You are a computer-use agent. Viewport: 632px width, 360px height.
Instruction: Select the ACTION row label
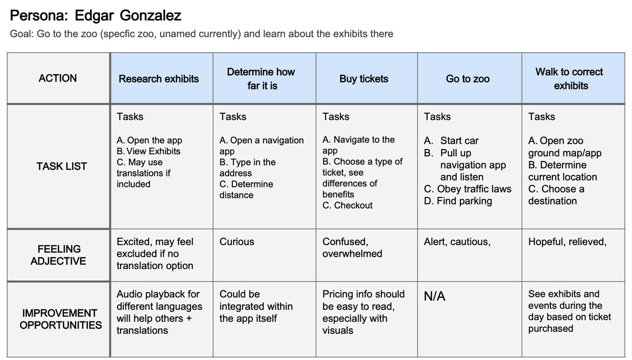[x=57, y=78]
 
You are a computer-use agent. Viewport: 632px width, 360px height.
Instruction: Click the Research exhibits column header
[x=159, y=79]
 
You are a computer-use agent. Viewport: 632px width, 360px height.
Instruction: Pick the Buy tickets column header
[x=363, y=79]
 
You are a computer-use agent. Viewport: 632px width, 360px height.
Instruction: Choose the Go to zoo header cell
[x=467, y=79]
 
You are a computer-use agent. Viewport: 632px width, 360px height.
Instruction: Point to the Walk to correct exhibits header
[x=570, y=78]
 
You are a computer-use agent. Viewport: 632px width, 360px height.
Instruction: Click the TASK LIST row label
[x=62, y=166]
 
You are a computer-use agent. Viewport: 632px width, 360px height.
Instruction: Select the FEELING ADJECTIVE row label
[x=58, y=255]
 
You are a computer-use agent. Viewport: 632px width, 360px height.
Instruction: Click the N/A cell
[x=434, y=297]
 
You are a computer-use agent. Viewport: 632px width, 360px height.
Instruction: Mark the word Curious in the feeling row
[x=236, y=242]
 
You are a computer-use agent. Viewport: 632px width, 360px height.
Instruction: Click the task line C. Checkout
[x=347, y=205]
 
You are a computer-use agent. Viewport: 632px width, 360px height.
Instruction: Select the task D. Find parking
[x=458, y=201]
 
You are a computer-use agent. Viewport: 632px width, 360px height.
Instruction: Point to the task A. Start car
[x=451, y=141]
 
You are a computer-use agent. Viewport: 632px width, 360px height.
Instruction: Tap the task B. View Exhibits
[x=148, y=151]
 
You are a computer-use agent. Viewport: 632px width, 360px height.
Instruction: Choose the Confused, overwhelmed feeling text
[x=352, y=248]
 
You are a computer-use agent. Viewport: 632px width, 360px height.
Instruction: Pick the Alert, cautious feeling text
[x=457, y=242]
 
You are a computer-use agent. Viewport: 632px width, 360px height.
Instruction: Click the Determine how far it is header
[x=261, y=78]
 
